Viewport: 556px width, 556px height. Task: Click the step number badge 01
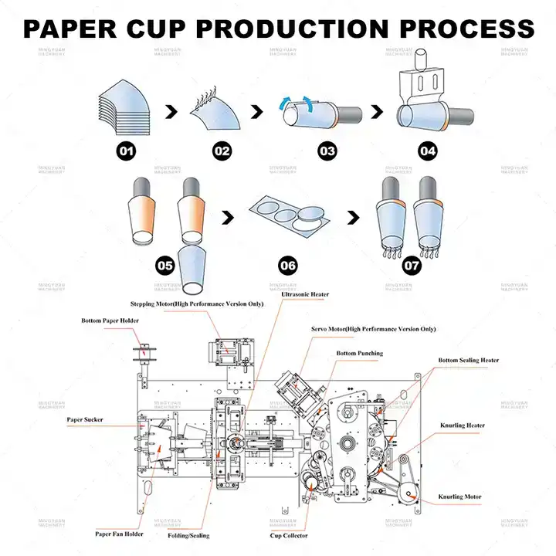(x=127, y=151)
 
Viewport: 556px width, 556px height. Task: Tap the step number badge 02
(x=222, y=151)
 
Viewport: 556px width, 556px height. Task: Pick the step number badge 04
(x=428, y=151)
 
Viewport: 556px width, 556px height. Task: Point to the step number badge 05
(x=164, y=265)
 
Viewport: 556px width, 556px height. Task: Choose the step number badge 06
(x=288, y=265)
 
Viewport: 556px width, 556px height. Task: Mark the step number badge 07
(x=412, y=265)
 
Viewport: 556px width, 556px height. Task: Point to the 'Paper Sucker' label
(x=85, y=420)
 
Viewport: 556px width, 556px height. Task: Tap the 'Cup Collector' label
(x=289, y=535)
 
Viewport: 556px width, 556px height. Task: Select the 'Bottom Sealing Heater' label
(x=468, y=361)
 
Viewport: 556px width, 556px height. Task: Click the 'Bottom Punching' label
(x=359, y=354)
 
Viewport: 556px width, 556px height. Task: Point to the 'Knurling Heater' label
(x=462, y=425)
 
